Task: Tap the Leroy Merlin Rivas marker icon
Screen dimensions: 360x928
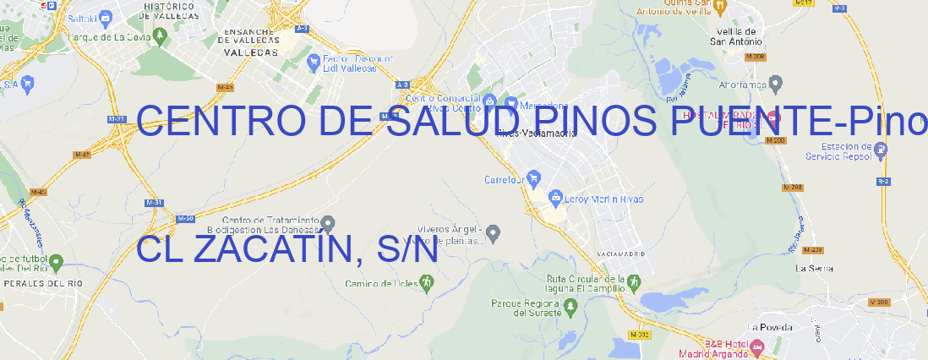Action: tap(555, 198)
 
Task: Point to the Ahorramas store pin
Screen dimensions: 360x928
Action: tap(777, 83)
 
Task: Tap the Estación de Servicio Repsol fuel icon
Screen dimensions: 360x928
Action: tap(882, 150)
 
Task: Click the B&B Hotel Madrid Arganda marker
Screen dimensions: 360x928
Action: tap(756, 346)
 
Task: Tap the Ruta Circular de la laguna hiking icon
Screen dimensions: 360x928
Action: tap(631, 281)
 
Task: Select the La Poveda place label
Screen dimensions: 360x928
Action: tap(770, 327)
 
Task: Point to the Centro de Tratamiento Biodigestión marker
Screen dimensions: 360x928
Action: tap(329, 223)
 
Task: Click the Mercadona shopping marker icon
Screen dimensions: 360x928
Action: tap(511, 102)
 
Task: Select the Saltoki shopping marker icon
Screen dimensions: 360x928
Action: tap(106, 17)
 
